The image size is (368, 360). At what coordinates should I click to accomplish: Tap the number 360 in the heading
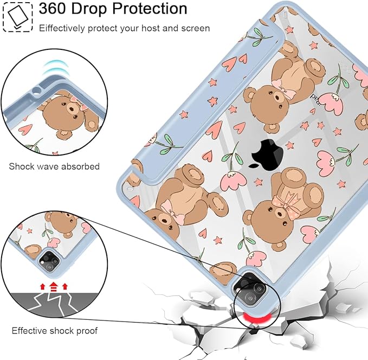53,9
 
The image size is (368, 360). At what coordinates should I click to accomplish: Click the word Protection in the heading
150,9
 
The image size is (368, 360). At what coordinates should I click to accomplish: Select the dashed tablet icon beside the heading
17,17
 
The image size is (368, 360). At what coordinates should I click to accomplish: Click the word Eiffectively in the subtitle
62,28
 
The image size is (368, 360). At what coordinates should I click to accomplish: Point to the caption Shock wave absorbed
54,166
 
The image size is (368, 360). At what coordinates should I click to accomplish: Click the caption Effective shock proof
55,331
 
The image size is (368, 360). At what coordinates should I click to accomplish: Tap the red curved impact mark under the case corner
255,318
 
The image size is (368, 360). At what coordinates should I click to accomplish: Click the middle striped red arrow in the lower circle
54,287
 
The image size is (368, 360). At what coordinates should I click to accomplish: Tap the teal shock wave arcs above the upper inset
55,67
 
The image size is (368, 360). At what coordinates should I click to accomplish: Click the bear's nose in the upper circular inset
70,110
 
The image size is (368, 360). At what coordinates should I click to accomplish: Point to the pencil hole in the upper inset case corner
36,90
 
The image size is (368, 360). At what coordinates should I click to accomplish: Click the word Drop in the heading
89,9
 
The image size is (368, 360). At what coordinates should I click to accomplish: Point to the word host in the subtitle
150,28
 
